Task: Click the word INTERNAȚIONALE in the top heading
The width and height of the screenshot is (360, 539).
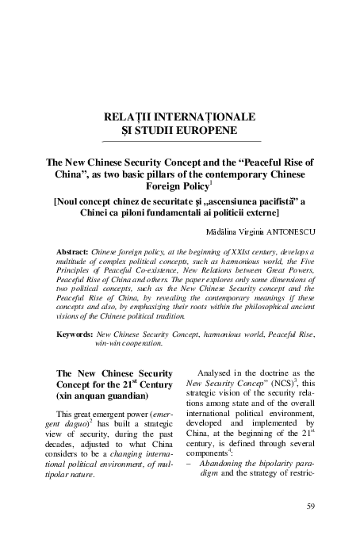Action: [x=202, y=117]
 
